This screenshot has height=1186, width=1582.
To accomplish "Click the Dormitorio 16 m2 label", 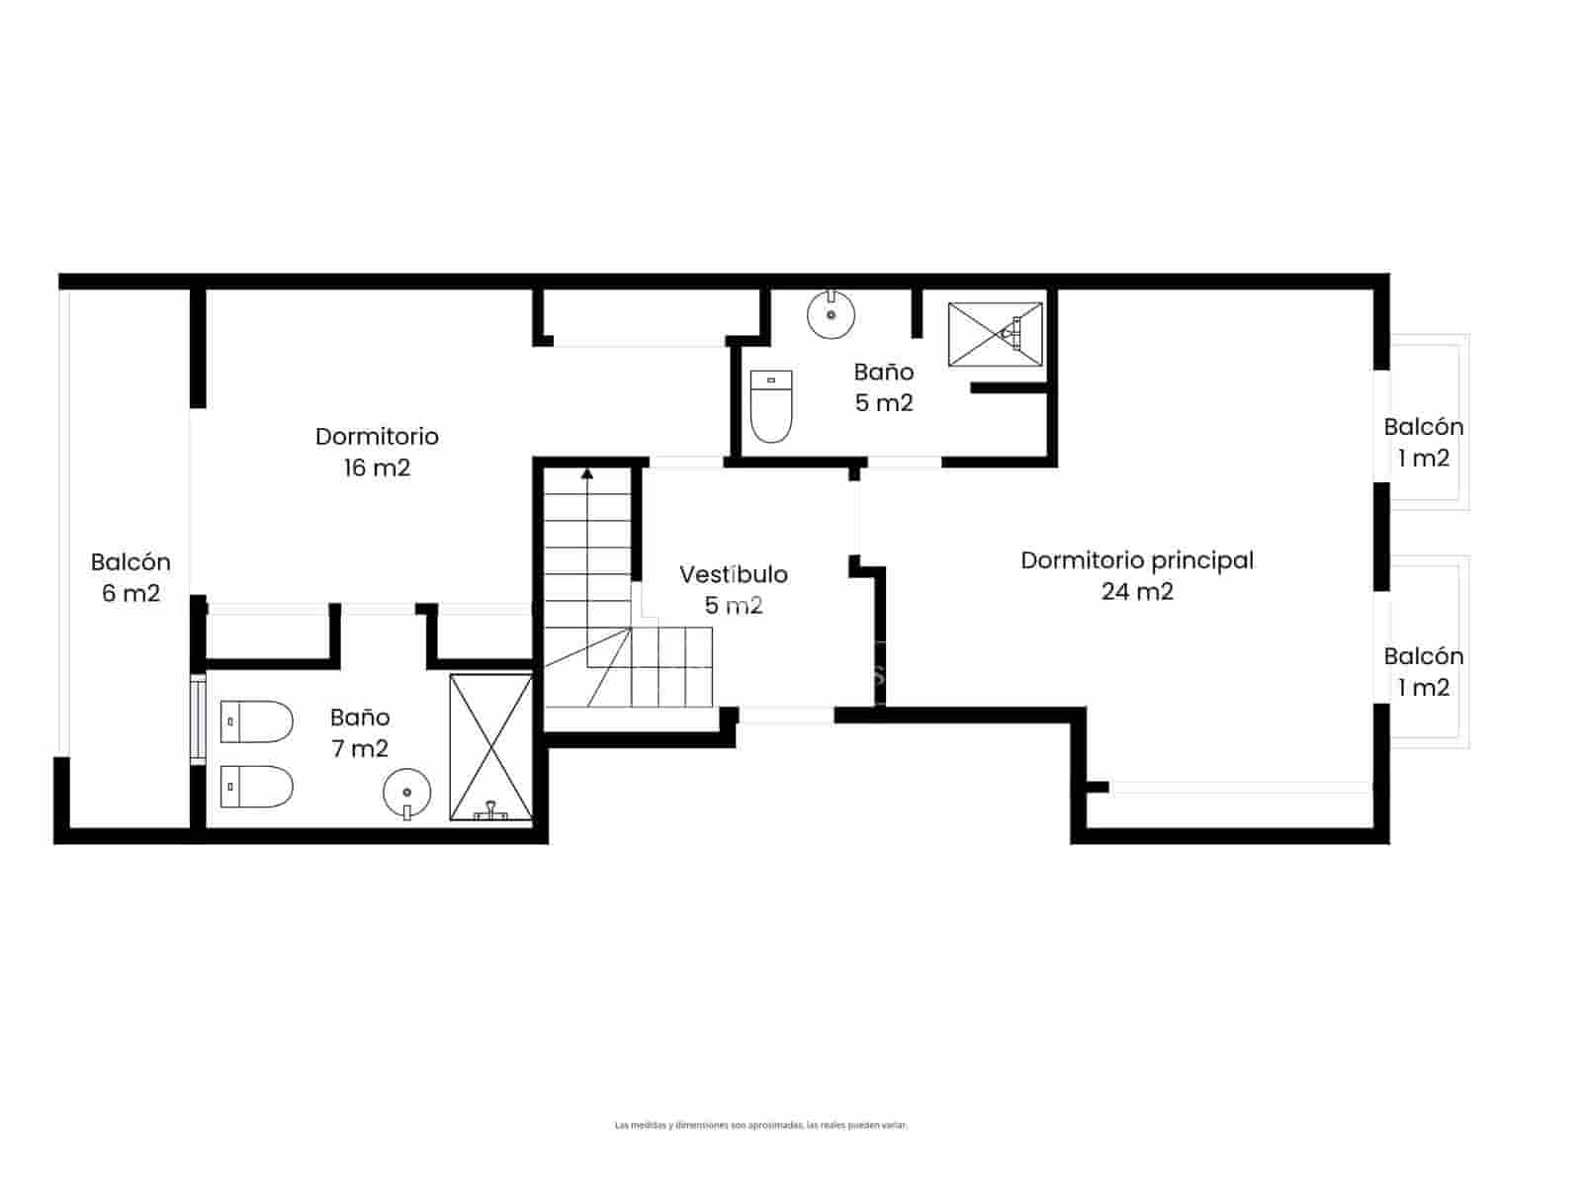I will (x=377, y=452).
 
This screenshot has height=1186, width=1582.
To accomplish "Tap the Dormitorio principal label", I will (x=1137, y=560).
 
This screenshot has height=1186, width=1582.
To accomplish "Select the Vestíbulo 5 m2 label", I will (x=733, y=589).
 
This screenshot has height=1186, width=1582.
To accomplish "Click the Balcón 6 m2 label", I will (x=131, y=577).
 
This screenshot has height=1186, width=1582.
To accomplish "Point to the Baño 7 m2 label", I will (x=360, y=732).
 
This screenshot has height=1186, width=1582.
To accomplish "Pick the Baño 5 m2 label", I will (x=883, y=386).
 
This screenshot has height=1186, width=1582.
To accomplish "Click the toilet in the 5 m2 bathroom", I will (x=771, y=406).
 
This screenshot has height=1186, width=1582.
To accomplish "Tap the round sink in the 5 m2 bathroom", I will (x=831, y=314).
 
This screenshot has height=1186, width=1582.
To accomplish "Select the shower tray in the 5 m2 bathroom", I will (x=995, y=335).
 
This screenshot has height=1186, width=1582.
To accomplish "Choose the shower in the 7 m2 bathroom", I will (x=490, y=747).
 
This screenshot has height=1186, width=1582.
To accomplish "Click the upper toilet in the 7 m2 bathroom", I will (x=256, y=722).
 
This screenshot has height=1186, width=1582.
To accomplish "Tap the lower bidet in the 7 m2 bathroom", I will (x=256, y=787).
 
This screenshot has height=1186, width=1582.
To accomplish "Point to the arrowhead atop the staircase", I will (x=587, y=473).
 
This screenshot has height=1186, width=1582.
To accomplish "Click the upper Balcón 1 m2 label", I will (x=1423, y=442).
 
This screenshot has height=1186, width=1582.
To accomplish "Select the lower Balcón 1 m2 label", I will (x=1423, y=671).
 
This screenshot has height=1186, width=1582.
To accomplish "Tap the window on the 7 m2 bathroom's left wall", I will (x=197, y=720).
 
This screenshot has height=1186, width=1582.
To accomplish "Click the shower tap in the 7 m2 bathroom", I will (x=490, y=813).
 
